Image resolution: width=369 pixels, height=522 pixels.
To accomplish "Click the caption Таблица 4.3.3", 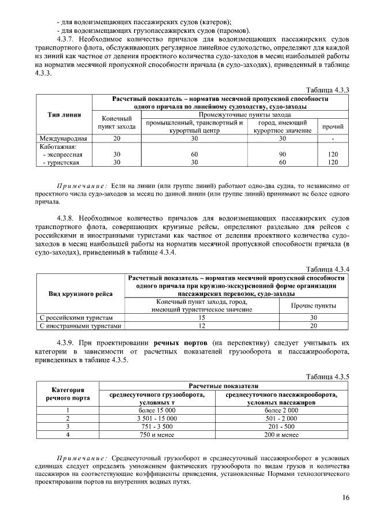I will click(x=327, y=90).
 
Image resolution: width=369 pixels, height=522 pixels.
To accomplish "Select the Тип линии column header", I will click(x=63, y=115).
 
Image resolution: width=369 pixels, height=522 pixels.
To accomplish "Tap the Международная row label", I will click(x=63, y=139).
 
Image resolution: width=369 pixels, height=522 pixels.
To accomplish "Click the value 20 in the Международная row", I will click(x=117, y=139).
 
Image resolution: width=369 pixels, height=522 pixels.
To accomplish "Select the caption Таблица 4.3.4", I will click(x=327, y=269).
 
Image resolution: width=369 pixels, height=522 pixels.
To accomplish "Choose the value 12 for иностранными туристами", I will click(x=202, y=326).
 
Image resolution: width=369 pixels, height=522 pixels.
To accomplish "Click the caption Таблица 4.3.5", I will click(x=327, y=376).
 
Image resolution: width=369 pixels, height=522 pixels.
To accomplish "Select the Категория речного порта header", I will click(x=67, y=395).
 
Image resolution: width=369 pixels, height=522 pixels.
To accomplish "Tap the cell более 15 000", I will click(x=156, y=410).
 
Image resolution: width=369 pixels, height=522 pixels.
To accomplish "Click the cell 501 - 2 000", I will click(x=281, y=418).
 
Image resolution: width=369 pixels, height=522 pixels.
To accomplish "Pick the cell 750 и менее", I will click(x=156, y=434).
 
